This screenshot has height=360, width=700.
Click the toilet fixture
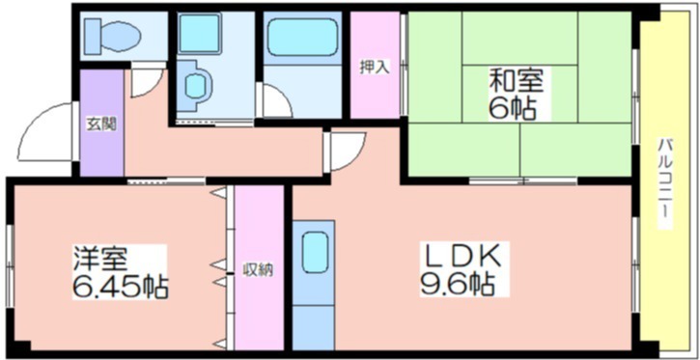point(113,35)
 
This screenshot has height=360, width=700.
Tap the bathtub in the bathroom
point(302,37)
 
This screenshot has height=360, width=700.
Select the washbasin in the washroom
point(195,83)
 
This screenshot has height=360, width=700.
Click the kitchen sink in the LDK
point(314,253)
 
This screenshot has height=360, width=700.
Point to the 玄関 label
point(100,124)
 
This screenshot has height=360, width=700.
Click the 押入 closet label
point(375,68)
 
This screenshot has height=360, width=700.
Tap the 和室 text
point(516,81)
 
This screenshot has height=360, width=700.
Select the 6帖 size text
point(512,107)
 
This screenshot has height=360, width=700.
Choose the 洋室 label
point(101,259)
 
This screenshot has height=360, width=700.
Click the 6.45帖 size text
point(120,287)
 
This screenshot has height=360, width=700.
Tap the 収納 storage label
point(258,270)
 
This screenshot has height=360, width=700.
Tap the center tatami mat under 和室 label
point(519,94)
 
